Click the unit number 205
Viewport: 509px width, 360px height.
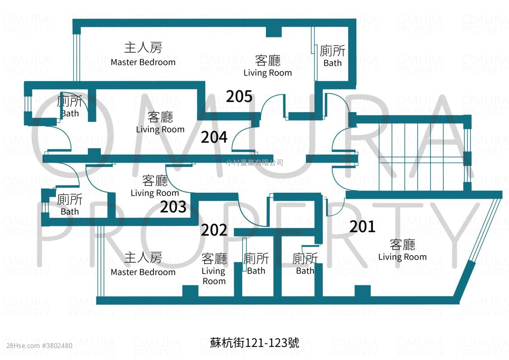(239, 96)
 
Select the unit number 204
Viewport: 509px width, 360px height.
(214, 137)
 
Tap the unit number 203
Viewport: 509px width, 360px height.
(173, 207)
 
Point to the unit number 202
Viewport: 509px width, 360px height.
(214, 230)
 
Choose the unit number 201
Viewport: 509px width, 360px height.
(362, 227)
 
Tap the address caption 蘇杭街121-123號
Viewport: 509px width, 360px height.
(255, 343)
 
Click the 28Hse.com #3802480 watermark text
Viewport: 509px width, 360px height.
(39, 346)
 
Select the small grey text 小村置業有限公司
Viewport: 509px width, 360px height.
(255, 163)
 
